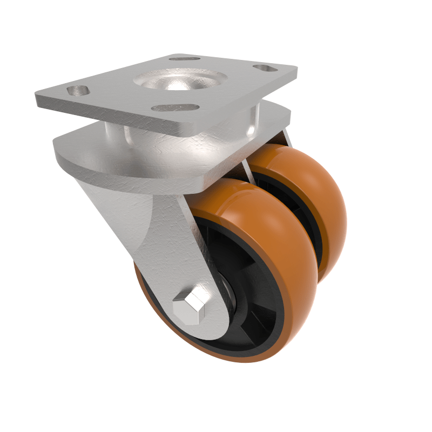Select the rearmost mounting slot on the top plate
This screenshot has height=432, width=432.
184,58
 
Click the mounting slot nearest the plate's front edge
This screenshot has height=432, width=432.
172,107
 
